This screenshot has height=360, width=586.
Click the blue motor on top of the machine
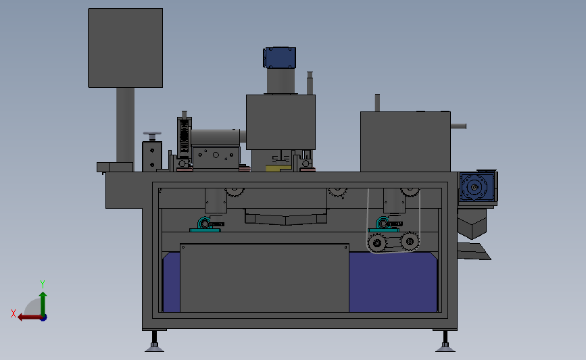coord(279,57)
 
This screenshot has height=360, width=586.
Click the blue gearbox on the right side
coord(477,187)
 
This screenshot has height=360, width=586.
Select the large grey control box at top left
coord(125,47)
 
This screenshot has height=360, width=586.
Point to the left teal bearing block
coord(205,225)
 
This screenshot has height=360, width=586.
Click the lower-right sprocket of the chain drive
coord(410,241)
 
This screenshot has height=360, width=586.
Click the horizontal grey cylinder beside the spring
coord(216,136)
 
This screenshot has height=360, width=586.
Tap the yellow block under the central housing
coord(277,167)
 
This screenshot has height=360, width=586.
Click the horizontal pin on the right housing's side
coord(459,126)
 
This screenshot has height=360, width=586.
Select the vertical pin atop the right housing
coord(378,103)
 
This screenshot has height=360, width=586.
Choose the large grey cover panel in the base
coord(264,278)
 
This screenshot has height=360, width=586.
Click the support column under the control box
coord(125,125)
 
